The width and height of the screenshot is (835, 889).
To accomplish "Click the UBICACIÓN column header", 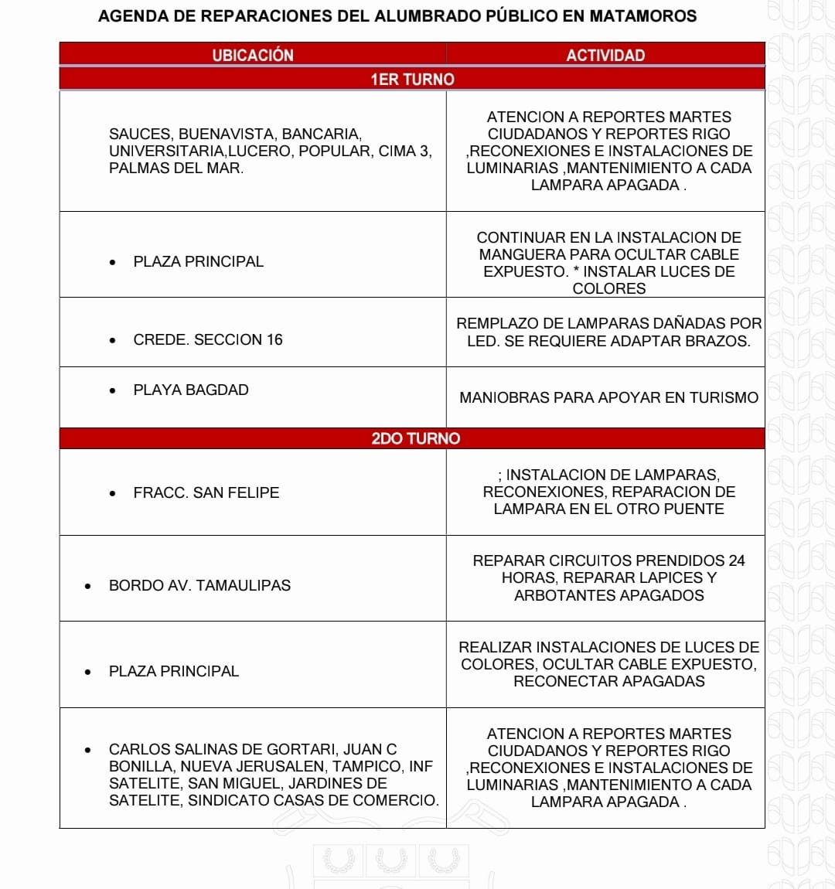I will pyautogui.click(x=253, y=55).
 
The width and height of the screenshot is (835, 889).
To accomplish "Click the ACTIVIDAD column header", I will pyautogui.click(x=605, y=55).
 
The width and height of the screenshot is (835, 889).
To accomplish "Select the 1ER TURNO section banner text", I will pyautogui.click(x=412, y=79).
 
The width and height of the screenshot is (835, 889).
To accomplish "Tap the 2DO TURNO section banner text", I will pyautogui.click(x=415, y=438).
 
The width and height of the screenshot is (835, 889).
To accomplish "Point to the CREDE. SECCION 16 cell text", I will pyautogui.click(x=208, y=339).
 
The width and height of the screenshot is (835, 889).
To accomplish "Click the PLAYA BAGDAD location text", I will pyautogui.click(x=191, y=390).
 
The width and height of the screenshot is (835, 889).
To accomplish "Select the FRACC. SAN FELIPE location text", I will pyautogui.click(x=206, y=492).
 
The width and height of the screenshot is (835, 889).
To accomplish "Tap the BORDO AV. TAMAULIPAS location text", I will pyautogui.click(x=199, y=585).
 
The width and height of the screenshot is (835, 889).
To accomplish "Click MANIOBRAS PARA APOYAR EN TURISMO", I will pyautogui.click(x=608, y=397).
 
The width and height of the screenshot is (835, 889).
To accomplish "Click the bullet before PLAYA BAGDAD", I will pyautogui.click(x=113, y=390).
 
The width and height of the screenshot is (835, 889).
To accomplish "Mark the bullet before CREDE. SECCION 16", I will pyautogui.click(x=113, y=340).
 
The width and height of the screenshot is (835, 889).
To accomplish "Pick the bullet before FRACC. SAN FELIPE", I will pyautogui.click(x=113, y=493).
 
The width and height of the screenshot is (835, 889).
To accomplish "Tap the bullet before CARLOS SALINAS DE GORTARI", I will pyautogui.click(x=88, y=750).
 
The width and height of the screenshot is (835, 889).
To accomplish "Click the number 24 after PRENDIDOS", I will pyautogui.click(x=736, y=560).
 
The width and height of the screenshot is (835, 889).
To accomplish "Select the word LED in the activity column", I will pyautogui.click(x=482, y=341).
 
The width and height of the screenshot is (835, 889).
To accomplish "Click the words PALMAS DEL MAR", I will pyautogui.click(x=176, y=168).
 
